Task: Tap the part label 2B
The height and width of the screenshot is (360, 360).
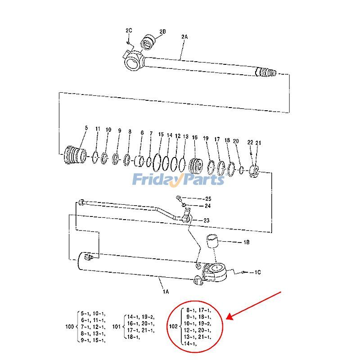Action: point(162,31)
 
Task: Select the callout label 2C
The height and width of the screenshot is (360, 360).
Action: point(129,30)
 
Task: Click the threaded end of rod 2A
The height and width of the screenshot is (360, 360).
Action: point(267,72)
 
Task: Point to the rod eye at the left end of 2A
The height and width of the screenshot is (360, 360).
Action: point(134,59)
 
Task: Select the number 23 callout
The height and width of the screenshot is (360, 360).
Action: point(207,220)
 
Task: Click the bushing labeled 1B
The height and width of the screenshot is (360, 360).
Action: point(214,243)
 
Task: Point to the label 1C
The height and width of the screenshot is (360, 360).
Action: point(257,272)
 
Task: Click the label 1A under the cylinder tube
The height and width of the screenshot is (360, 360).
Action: point(166,292)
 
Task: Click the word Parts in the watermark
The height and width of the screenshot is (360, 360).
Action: point(202,180)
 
